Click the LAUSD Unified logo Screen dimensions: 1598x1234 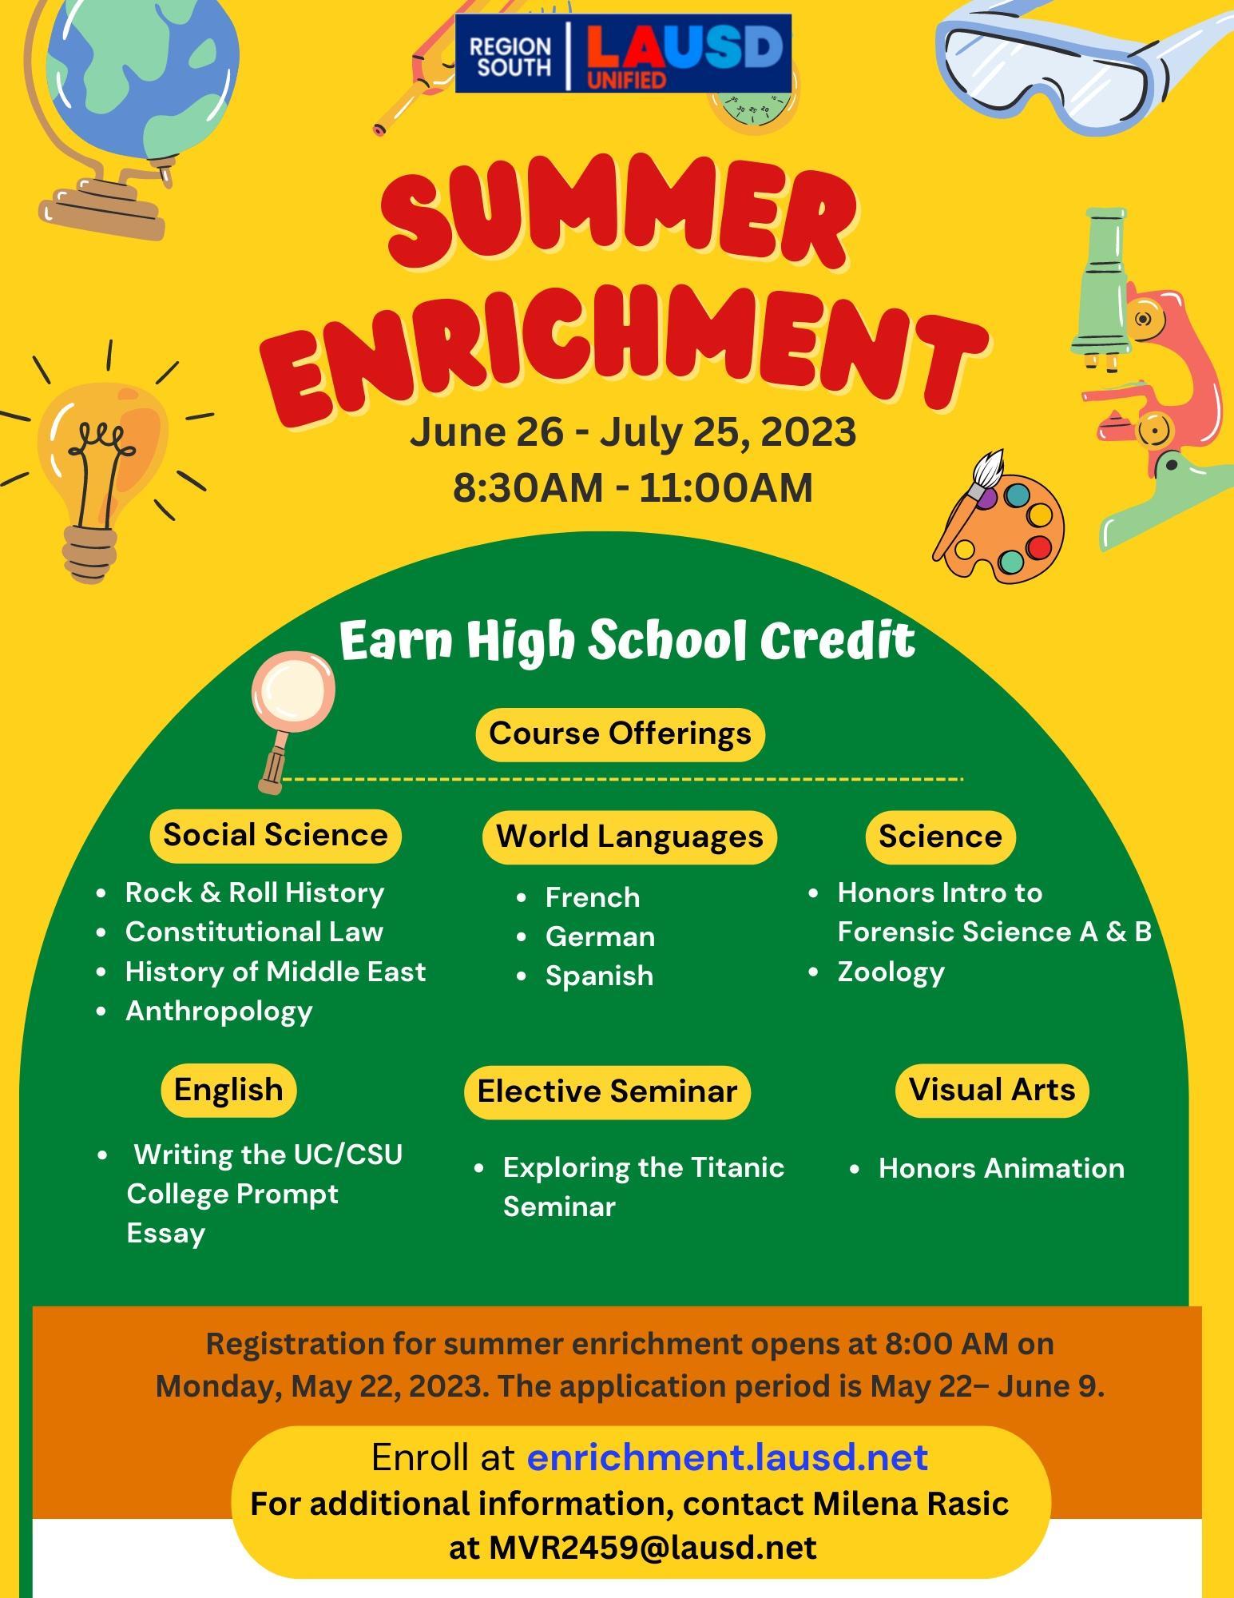[623, 53]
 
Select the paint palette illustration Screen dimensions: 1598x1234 [1002, 519]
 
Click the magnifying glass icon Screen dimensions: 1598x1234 [292, 703]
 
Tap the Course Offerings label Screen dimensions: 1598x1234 [620, 733]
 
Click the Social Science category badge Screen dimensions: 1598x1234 [276, 836]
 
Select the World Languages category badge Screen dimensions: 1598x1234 [629, 837]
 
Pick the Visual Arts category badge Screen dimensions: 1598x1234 [992, 1090]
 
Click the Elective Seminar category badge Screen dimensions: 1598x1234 [607, 1091]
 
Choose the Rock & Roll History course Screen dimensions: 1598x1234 [255, 892]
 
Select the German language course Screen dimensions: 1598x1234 [600, 936]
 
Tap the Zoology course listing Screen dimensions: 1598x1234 [891, 972]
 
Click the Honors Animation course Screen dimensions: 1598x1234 [1002, 1168]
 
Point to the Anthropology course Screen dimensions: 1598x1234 [219, 1012]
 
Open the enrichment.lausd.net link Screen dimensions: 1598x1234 [728, 1457]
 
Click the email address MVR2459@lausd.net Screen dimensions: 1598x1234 [653, 1548]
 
